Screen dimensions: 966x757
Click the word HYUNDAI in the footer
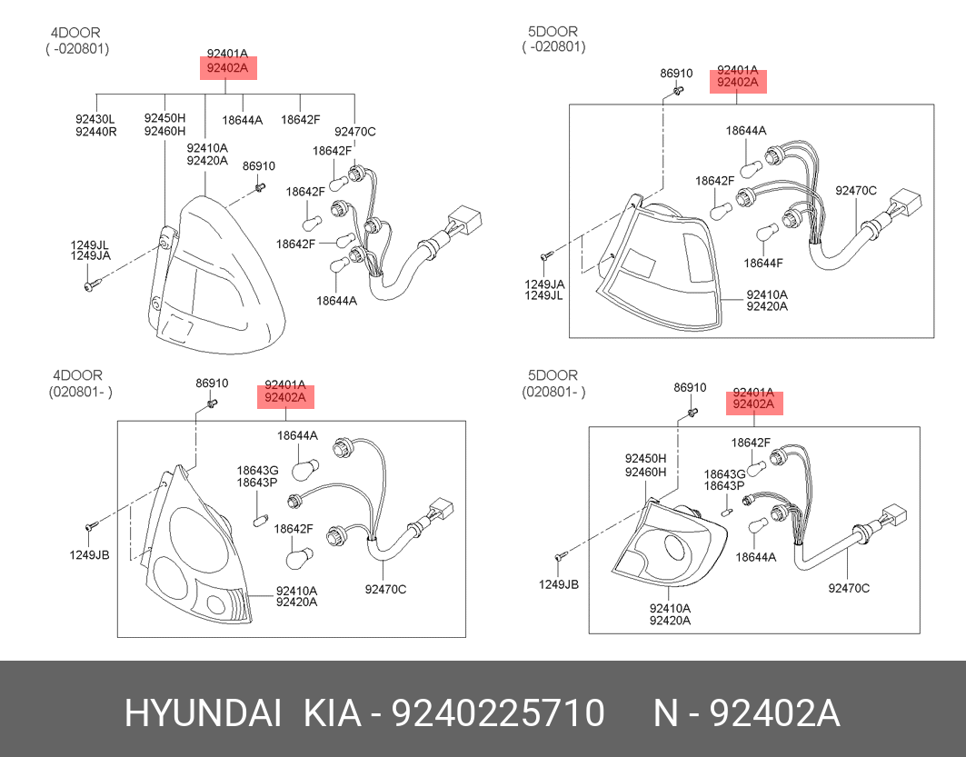click(204, 712)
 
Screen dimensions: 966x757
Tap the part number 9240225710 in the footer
click(498, 712)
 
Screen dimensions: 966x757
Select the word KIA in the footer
click(332, 712)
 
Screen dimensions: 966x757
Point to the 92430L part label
click(95, 119)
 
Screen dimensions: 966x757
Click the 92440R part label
click(96, 131)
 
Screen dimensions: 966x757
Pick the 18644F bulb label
click(763, 263)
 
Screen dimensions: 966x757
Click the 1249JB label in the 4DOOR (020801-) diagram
click(89, 555)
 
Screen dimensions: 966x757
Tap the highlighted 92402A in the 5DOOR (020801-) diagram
click(753, 404)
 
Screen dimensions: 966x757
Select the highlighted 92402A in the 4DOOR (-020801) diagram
click(227, 68)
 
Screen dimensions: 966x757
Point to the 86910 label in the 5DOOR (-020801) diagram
click(676, 74)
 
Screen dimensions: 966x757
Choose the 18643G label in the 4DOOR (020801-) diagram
click(257, 471)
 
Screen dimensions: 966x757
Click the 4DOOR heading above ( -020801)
click(75, 33)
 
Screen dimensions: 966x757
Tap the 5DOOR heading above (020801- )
click(553, 375)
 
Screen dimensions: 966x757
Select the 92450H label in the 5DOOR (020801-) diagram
click(645, 458)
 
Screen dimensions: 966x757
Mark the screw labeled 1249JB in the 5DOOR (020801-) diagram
click(560, 556)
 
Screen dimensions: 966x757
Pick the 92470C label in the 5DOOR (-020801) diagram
click(856, 190)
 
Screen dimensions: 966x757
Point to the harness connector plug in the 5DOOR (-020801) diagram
click(906, 204)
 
